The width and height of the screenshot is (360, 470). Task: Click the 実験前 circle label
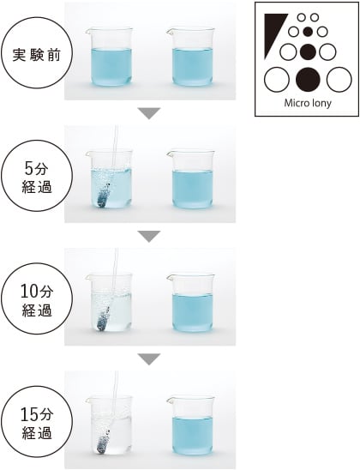(x=37, y=53)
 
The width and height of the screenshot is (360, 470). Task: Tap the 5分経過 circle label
(x=37, y=176)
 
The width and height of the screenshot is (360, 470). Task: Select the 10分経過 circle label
(x=37, y=298)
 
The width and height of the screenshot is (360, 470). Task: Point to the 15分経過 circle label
(x=37, y=421)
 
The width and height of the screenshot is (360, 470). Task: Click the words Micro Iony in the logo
(x=308, y=104)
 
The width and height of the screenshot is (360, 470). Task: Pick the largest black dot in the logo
(x=308, y=80)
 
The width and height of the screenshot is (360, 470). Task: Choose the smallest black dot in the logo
(x=308, y=31)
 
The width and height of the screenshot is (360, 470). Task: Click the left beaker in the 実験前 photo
(x=110, y=57)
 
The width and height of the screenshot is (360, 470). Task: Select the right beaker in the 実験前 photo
(x=191, y=57)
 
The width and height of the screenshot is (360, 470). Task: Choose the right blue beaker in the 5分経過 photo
(x=191, y=179)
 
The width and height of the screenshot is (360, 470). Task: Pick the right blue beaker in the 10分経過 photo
(x=191, y=302)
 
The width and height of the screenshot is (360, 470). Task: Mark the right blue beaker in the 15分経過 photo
(x=191, y=425)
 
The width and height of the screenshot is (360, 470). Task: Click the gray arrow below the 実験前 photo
(x=149, y=112)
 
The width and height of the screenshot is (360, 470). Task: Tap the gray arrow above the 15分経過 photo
(x=149, y=359)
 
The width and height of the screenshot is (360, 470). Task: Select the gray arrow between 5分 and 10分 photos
(x=149, y=236)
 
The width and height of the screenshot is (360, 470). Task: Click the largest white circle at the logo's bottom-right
(x=339, y=80)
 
